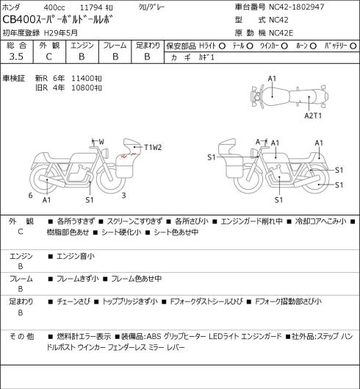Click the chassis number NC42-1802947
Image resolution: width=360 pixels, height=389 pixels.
297,7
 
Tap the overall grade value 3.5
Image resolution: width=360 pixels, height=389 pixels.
16,57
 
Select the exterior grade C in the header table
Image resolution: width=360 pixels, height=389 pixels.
48,57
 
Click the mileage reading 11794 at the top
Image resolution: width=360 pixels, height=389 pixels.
91,7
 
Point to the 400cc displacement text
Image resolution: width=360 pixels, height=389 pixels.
54,7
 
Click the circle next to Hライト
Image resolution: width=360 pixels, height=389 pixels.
222,46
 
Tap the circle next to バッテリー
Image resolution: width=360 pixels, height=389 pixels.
353,46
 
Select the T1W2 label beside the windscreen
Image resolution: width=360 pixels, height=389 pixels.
153,148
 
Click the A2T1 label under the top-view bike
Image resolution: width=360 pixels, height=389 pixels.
313,115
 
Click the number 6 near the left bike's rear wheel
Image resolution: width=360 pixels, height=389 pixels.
31,196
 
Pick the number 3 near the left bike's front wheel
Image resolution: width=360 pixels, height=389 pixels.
123,196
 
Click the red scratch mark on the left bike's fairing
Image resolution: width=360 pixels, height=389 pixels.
129,156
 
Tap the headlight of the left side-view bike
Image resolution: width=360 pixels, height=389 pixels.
106,152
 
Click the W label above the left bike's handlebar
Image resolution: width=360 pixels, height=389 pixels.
101,142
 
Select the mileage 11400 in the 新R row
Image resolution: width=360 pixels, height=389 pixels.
83,79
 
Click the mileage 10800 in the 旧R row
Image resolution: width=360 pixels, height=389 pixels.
83,88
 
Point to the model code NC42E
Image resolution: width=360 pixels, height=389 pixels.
281,33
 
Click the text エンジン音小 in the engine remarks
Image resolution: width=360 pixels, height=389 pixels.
76,256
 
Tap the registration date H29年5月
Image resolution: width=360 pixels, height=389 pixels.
61,33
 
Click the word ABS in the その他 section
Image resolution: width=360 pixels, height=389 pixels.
154,336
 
